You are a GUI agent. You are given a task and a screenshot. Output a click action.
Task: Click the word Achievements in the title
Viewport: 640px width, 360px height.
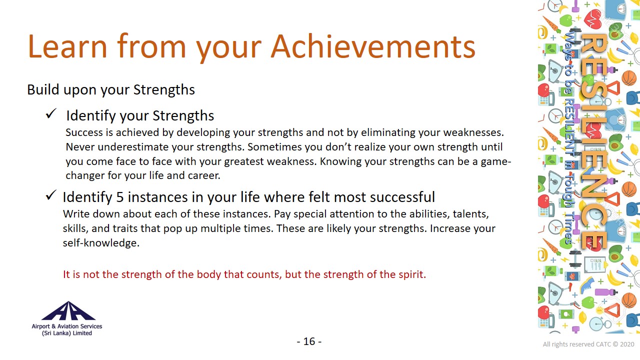tap(373, 46)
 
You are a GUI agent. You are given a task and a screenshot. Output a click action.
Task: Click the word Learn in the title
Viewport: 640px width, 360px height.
tap(67, 46)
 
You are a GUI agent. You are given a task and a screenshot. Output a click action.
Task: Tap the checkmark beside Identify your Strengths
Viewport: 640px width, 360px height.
tap(51, 113)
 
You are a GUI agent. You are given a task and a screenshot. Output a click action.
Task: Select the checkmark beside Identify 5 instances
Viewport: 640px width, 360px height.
tap(51, 195)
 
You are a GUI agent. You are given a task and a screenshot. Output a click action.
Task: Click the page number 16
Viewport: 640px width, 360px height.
tap(309, 341)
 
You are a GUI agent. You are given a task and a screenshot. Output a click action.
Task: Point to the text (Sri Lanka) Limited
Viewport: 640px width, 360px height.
tap(67, 333)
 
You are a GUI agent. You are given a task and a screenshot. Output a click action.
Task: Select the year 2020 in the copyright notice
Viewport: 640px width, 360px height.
tap(627, 344)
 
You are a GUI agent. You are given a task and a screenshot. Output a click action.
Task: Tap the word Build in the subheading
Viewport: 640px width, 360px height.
tap(43, 89)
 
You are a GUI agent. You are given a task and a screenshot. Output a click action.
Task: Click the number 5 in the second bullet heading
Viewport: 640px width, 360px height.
tap(120, 197)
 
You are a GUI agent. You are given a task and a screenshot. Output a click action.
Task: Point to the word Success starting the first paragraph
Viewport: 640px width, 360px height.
tap(84, 132)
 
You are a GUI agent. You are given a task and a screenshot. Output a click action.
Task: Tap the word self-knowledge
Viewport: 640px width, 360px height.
tap(101, 243)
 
